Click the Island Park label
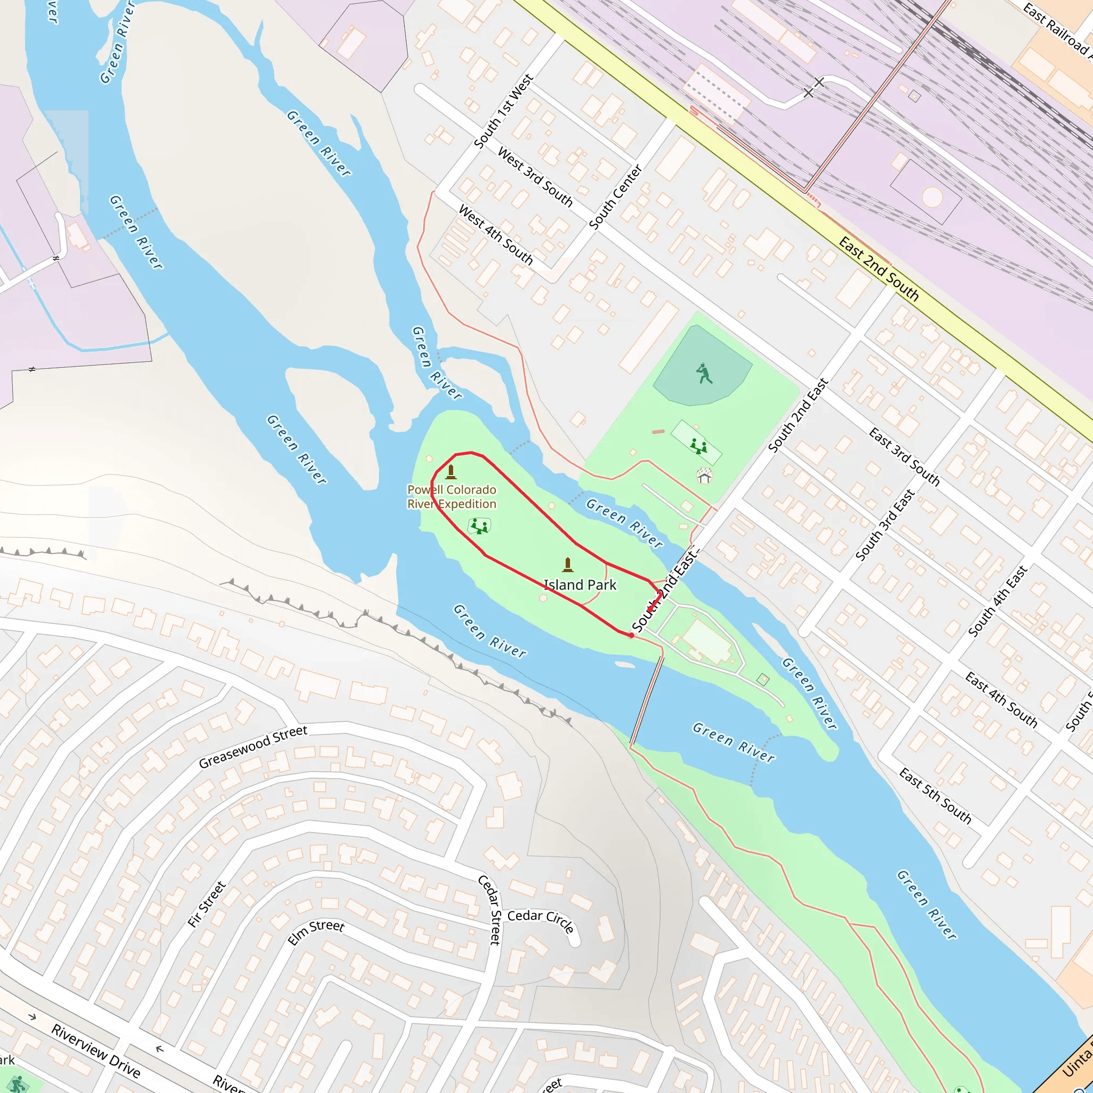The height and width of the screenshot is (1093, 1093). (x=580, y=585)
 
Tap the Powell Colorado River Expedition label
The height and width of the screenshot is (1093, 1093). (x=452, y=497)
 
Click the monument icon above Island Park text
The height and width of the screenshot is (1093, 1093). (x=567, y=565)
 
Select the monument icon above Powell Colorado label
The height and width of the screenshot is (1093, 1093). (x=451, y=472)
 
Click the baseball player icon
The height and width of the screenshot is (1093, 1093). (x=704, y=374)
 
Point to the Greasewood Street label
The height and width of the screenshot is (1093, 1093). (x=253, y=747)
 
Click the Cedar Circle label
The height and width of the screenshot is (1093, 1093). (x=541, y=921)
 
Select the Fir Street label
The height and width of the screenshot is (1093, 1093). (x=207, y=904)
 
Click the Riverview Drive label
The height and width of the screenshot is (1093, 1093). (x=96, y=1050)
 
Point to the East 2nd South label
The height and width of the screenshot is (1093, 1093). (x=878, y=269)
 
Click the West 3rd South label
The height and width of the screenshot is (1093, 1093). (x=535, y=177)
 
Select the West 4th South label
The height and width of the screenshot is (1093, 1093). (x=496, y=235)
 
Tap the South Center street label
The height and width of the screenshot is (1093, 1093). (x=615, y=197)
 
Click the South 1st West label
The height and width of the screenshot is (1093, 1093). (x=503, y=112)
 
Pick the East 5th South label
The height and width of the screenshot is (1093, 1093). (x=935, y=796)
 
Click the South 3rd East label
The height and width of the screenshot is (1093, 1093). (x=885, y=525)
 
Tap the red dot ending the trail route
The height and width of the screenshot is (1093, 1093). (x=631, y=635)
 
